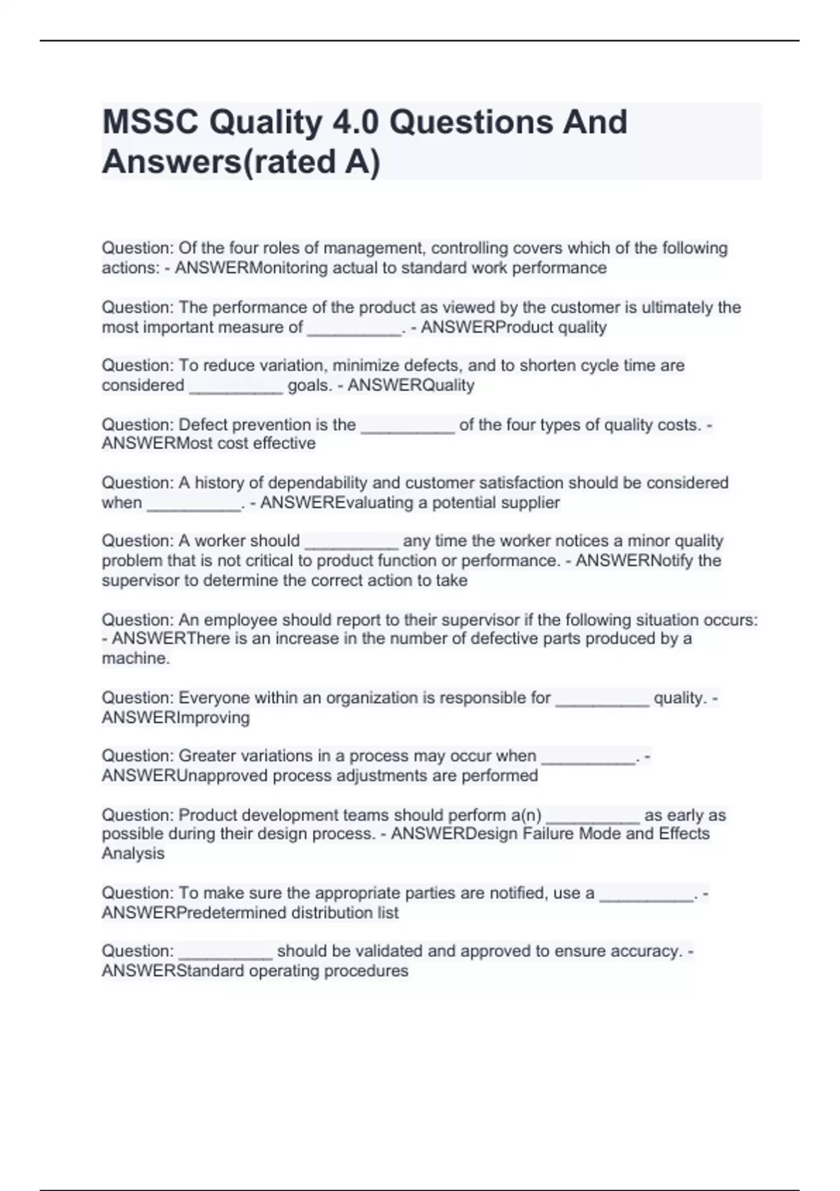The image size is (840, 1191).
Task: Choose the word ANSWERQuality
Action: (411, 385)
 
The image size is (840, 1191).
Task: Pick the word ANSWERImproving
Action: (176, 717)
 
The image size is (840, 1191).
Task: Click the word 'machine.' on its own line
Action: (136, 659)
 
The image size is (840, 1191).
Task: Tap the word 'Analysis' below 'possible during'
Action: (133, 853)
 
